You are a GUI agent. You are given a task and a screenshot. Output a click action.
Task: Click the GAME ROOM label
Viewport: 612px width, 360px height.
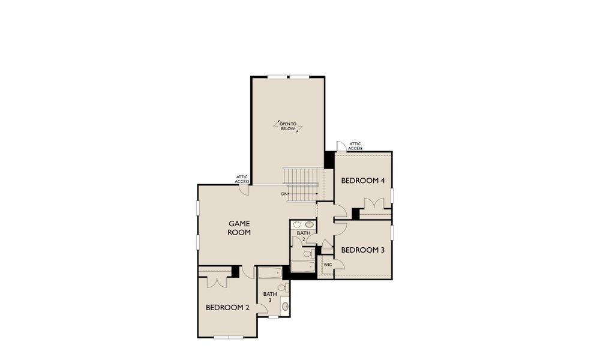[239, 227]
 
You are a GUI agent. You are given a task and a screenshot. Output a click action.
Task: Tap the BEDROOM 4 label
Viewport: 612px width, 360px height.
[362, 181]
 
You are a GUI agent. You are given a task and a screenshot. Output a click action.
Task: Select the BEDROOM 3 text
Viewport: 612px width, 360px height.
[362, 250]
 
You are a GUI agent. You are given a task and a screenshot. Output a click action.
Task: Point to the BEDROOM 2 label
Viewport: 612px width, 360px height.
[227, 307]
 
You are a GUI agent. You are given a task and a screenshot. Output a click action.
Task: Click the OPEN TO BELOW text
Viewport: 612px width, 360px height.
[288, 126]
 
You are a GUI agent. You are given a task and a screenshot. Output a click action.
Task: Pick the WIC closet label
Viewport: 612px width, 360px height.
[328, 265]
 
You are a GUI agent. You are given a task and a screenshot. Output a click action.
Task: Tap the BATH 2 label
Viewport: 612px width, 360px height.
[303, 236]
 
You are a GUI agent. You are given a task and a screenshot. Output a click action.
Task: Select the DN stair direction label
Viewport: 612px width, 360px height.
[284, 194]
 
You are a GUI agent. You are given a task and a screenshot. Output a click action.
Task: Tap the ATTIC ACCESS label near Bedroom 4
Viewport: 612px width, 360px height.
[355, 146]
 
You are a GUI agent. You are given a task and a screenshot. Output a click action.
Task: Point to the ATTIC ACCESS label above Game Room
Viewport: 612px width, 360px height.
[242, 179]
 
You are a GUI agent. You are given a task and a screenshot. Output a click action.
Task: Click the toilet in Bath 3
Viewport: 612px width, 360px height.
[282, 288]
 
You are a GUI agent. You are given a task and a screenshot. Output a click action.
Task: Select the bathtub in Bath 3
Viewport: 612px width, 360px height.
[270, 274]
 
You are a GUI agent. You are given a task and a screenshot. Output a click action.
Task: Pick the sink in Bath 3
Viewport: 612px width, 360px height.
[284, 307]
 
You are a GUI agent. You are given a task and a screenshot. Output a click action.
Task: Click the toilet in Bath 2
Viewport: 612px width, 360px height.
[307, 254]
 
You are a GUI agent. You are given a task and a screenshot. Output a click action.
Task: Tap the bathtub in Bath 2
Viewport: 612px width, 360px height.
[302, 267]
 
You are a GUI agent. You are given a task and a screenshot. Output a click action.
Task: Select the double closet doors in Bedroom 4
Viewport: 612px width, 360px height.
[375, 205]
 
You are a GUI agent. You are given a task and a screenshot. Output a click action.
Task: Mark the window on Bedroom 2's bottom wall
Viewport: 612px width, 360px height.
[229, 337]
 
